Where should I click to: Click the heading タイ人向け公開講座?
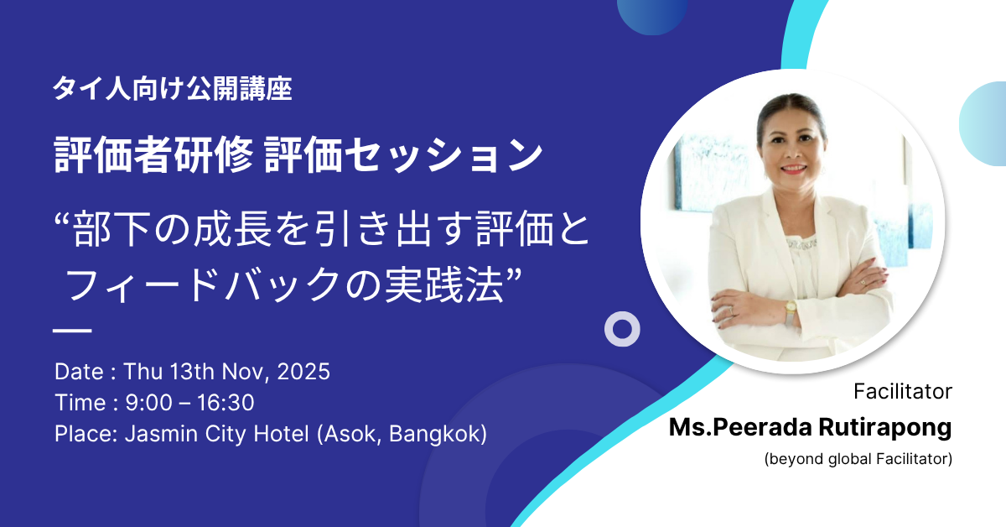click(173, 88)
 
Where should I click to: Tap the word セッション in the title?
click(443, 155)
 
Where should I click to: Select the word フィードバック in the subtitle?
click(205, 284)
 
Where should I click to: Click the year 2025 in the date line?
click(303, 372)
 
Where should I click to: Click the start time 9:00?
click(148, 403)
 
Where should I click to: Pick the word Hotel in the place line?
click(281, 434)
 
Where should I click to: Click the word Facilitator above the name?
click(903, 391)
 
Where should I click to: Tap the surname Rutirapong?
click(884, 427)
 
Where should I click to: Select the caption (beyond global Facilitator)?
click(858, 459)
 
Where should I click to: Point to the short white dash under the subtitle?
click(72, 331)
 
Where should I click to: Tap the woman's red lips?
click(794, 169)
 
